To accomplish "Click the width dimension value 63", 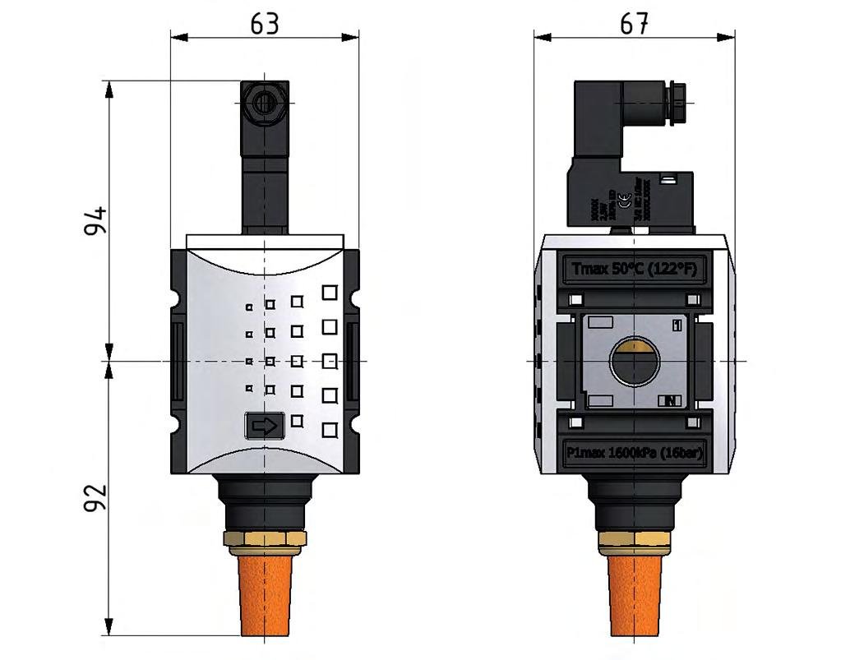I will click(265, 24).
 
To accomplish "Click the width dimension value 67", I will click(634, 24).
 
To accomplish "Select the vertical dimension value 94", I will click(95, 221).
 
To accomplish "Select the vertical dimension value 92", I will click(95, 497).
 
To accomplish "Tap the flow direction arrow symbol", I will click(265, 426).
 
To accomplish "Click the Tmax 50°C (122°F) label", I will click(634, 270).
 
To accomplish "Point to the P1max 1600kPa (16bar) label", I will click(634, 452).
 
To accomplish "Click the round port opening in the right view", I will click(634, 361).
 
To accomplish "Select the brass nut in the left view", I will click(265, 539).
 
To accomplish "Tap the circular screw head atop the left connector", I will click(264, 103).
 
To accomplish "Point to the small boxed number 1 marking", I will click(677, 325).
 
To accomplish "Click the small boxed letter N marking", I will click(670, 401).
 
